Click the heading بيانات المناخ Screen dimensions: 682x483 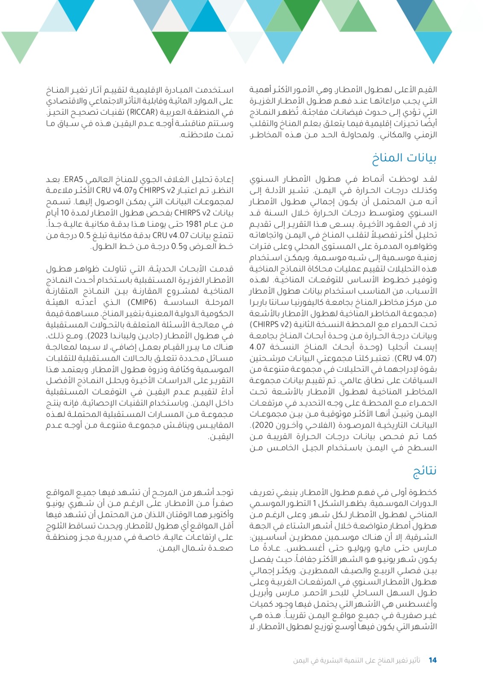[404, 158]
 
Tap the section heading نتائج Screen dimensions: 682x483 [424, 471]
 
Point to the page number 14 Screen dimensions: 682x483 [432, 660]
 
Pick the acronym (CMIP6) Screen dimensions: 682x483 [142, 302]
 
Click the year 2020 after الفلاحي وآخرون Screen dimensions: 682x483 [264, 425]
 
